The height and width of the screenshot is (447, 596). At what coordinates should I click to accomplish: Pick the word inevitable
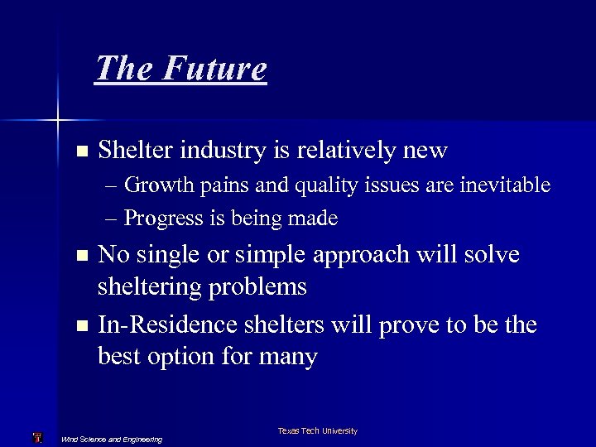point(506,185)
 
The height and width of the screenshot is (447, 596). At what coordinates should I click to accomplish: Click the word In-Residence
point(166,324)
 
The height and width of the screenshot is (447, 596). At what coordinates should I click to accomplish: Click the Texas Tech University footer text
point(317,431)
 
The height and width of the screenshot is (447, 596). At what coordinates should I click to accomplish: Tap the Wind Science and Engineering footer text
point(112,439)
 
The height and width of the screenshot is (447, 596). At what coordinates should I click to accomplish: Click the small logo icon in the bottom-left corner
point(36,437)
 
